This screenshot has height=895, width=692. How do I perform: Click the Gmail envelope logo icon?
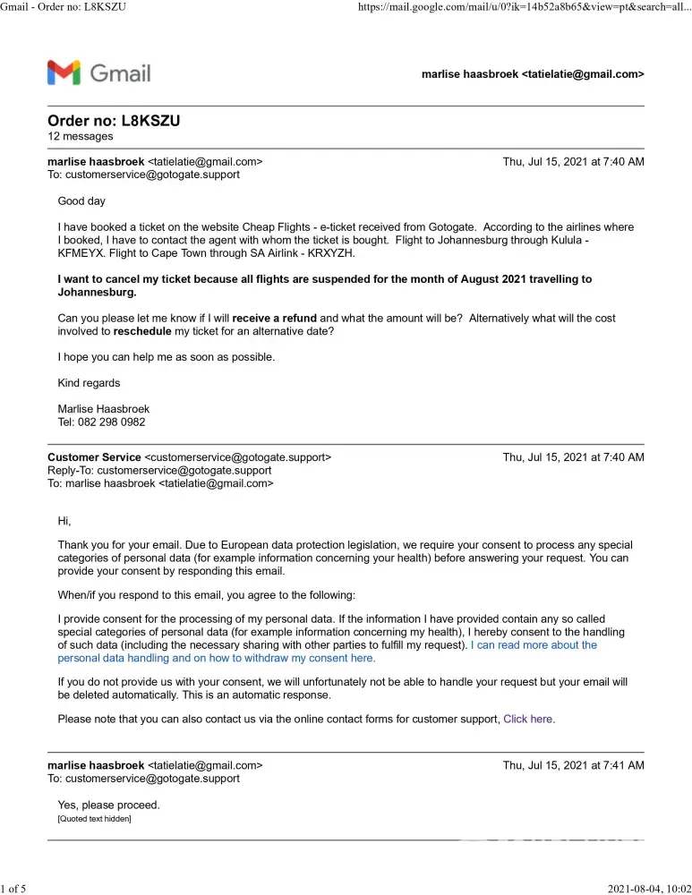pos(64,72)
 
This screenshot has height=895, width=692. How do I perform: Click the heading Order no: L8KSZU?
pos(119,121)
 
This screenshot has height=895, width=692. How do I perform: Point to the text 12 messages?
pos(81,137)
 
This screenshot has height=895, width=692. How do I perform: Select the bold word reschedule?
pos(146,331)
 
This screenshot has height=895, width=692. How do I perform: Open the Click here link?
pos(528,719)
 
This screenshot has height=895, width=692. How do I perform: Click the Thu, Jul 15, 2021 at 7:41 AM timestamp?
pos(573,765)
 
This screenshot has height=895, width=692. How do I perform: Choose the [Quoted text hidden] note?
pos(94,818)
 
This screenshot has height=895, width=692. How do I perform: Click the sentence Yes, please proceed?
pos(108,805)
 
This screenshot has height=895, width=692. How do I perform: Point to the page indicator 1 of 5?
pos(13,888)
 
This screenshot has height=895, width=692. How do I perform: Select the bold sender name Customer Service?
pos(94,457)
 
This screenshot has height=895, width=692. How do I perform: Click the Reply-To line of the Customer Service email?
pos(159,470)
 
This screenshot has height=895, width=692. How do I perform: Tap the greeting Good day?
pos(81,201)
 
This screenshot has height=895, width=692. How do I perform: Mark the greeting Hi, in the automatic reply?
pos(64,521)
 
